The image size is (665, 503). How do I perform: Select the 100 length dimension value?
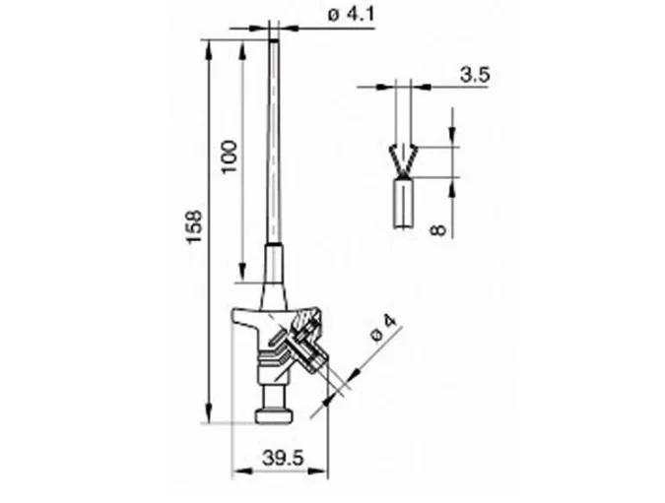click(229, 156)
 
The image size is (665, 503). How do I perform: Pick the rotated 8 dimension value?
click(439, 227)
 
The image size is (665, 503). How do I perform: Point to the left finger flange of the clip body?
click(243, 317)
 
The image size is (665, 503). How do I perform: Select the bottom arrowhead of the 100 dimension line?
click(240, 273)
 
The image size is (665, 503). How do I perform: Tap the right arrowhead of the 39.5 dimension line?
click(325, 469)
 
